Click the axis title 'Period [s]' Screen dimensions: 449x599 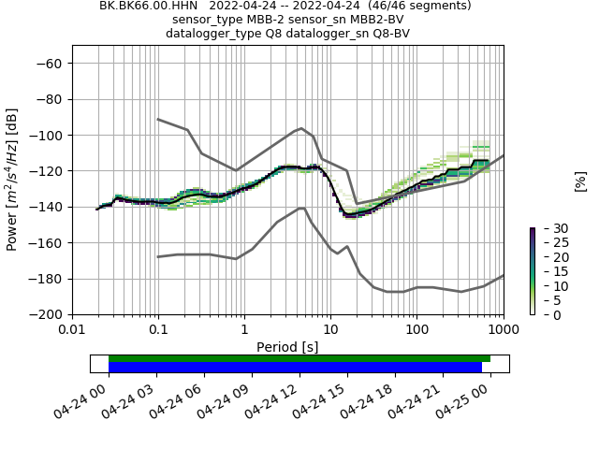287,346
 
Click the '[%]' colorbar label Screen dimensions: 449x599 580,181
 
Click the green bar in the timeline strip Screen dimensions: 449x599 299,358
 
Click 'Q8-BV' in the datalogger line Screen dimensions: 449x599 389,34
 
